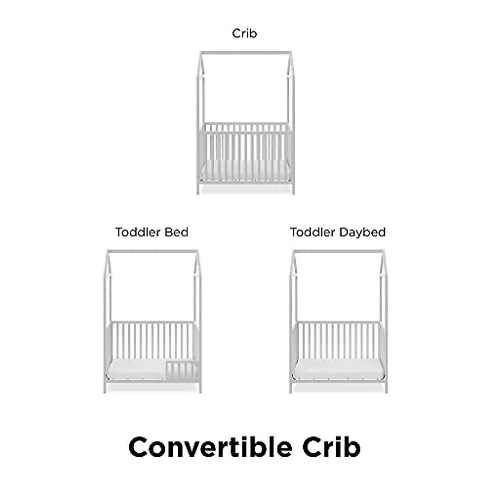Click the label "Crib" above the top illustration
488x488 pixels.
(x=244, y=33)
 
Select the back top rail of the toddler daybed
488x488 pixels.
(x=339, y=323)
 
